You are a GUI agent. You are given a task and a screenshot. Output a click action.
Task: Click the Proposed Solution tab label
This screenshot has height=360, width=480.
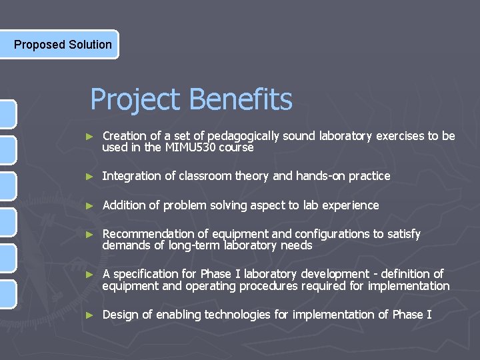[x=63, y=45]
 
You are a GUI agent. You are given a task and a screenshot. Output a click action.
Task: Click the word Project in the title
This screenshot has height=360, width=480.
[x=135, y=100]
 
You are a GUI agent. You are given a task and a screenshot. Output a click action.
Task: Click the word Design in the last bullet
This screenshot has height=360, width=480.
[x=119, y=315]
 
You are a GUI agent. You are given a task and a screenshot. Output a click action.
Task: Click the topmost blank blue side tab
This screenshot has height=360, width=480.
[x=7, y=114]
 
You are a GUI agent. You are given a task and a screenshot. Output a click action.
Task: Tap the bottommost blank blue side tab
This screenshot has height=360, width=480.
[x=7, y=294]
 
